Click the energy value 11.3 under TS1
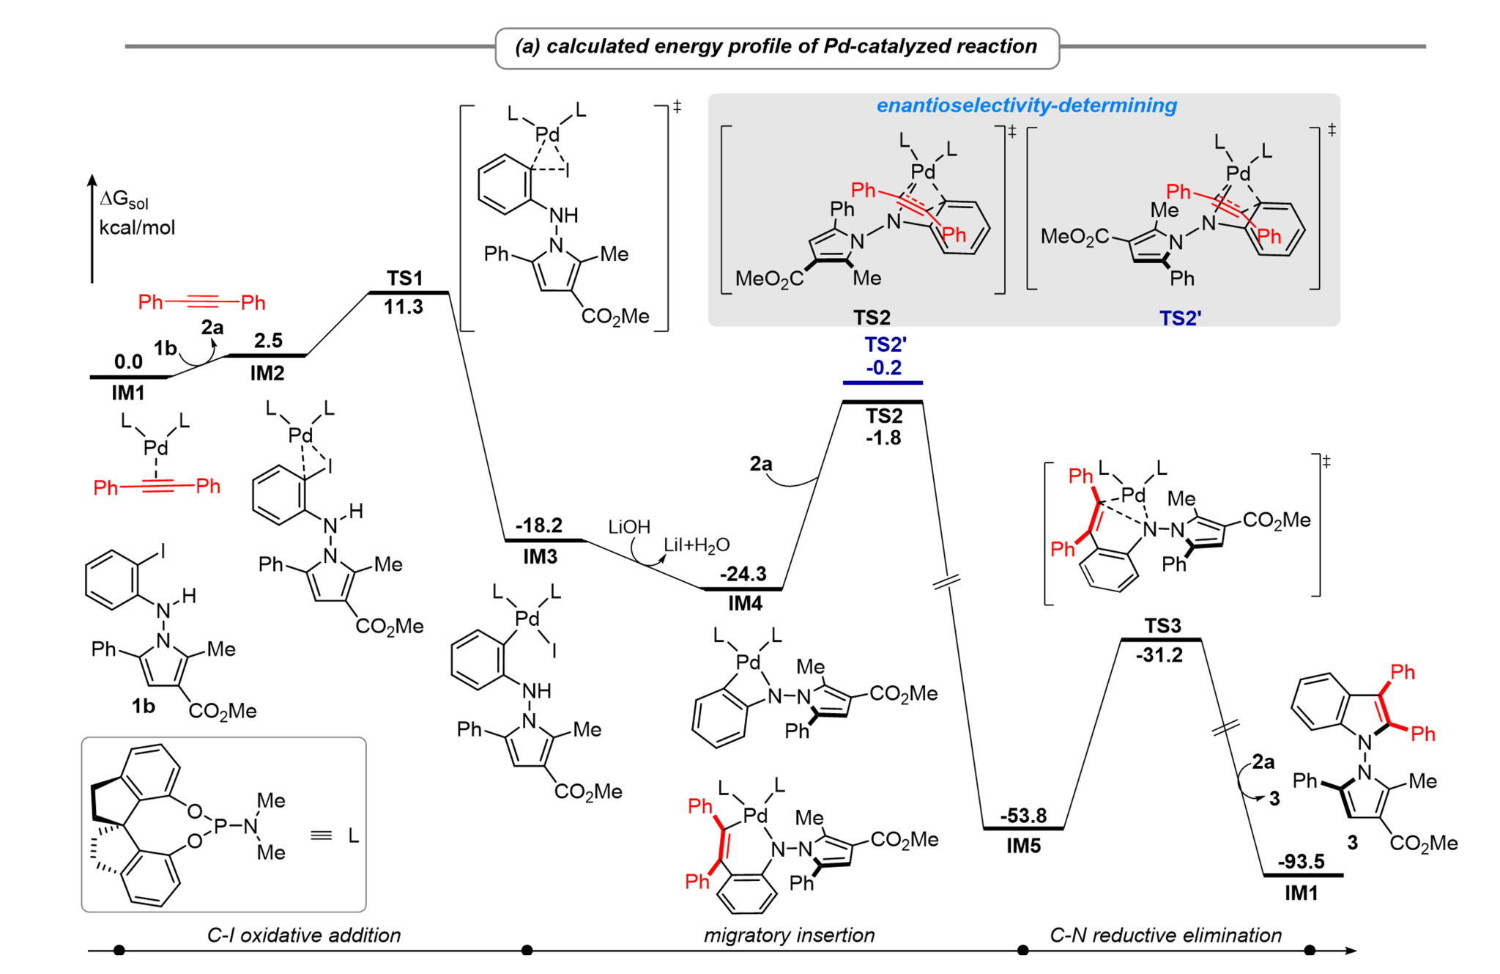point(404,306)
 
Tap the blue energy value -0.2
point(883,367)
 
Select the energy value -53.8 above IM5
point(1023,815)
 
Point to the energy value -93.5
point(1301,861)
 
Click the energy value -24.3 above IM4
point(743,574)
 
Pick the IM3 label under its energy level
point(540,557)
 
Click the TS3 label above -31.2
point(1162,626)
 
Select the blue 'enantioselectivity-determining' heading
point(1026,106)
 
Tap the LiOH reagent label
point(629,527)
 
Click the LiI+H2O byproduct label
point(697,545)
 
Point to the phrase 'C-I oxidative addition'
point(304,935)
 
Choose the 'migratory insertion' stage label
point(789,935)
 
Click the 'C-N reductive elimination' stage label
point(1165,935)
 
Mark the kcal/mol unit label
point(137,227)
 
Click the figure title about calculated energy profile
point(776,47)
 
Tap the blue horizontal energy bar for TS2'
point(883,383)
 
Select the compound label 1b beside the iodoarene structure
point(144,706)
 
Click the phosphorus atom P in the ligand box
point(220,827)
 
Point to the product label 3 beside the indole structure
point(1352,843)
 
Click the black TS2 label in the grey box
point(871,317)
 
